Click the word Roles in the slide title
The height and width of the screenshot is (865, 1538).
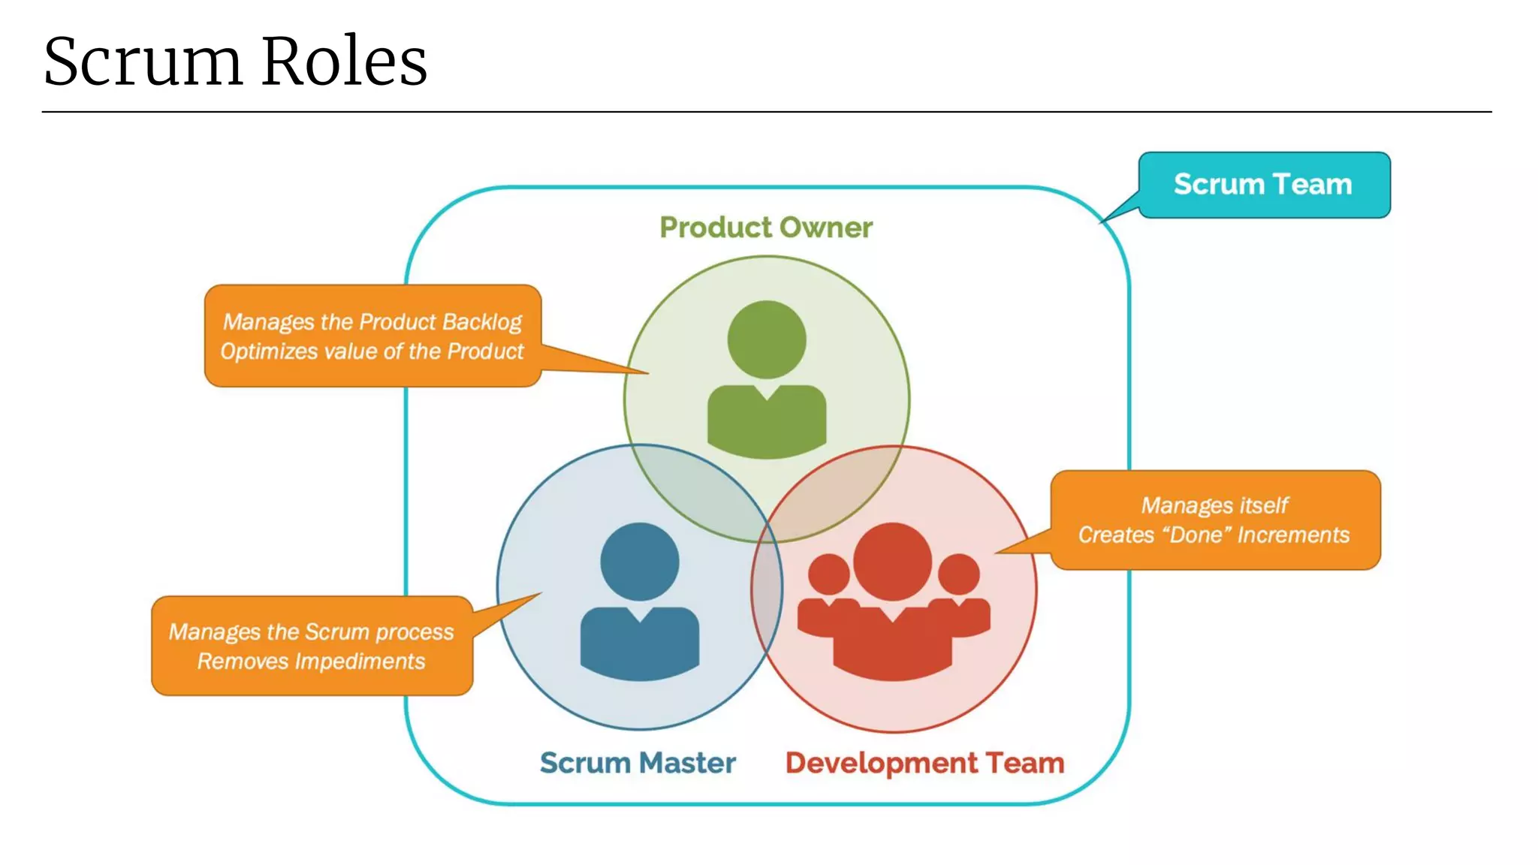point(345,62)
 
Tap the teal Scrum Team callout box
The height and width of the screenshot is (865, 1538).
point(1263,185)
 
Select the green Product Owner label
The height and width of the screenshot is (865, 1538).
point(766,228)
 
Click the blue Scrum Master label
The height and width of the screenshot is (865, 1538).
point(638,763)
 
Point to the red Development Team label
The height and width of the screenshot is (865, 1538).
point(924,763)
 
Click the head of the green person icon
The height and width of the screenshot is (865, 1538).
point(767,339)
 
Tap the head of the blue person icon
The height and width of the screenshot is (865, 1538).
point(640,562)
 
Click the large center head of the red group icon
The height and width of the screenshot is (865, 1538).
point(893,562)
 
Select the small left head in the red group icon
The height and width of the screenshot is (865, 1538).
point(828,574)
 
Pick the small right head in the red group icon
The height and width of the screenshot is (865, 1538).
point(959,574)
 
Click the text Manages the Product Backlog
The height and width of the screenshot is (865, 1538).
point(372,322)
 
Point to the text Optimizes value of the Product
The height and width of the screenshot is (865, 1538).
point(372,351)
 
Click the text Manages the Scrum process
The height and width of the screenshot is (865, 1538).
point(311,632)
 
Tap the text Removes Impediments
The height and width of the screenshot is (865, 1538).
point(311,662)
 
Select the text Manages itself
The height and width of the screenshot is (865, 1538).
point(1214,505)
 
